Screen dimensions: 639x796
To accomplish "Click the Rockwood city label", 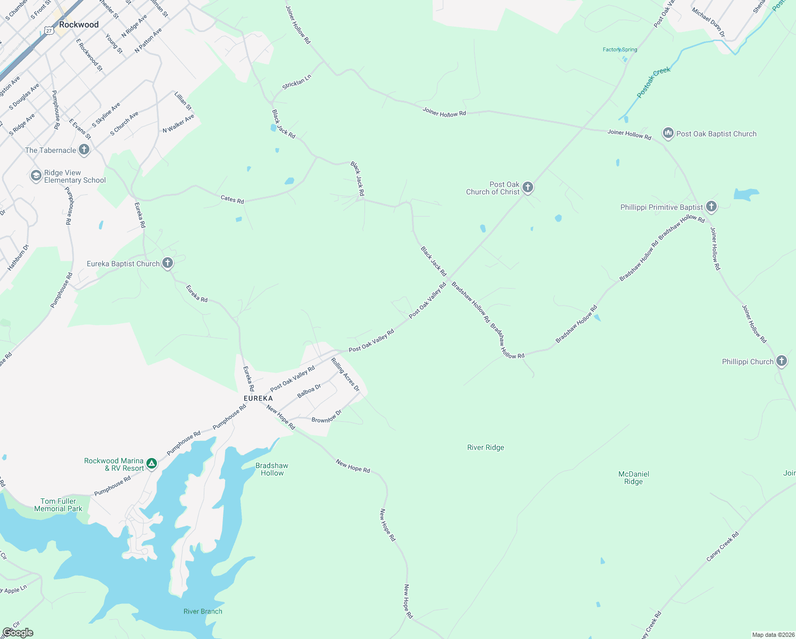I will [x=79, y=24].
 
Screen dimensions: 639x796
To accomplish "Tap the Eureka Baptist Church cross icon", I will [x=167, y=263].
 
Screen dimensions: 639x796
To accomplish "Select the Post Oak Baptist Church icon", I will [x=668, y=134].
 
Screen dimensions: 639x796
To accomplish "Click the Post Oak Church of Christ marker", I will [x=528, y=187].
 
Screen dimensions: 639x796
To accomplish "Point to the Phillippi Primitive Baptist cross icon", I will [x=711, y=207].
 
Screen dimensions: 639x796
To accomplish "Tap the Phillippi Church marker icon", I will [x=781, y=362].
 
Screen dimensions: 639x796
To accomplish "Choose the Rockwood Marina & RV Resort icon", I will [x=152, y=464].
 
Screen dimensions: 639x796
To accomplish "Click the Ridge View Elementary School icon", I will [x=36, y=176].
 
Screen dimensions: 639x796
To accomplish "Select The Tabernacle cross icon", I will [x=84, y=150].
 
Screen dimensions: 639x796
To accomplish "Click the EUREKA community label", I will [x=258, y=398].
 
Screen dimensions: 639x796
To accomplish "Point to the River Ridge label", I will [x=485, y=447].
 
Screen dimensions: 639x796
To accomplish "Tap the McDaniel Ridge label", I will [x=634, y=478].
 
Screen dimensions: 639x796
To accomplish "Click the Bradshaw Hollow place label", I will [x=272, y=469].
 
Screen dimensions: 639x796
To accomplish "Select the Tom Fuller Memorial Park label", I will [x=59, y=505].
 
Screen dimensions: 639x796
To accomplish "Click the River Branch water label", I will [x=203, y=611].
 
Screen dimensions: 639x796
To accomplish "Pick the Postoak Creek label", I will [x=654, y=82].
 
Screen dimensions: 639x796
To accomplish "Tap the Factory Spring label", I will [x=620, y=50].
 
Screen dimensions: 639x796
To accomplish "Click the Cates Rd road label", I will [x=232, y=199].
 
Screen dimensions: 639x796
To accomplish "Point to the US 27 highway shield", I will [x=49, y=30].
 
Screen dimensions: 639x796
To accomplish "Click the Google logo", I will [x=18, y=633].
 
